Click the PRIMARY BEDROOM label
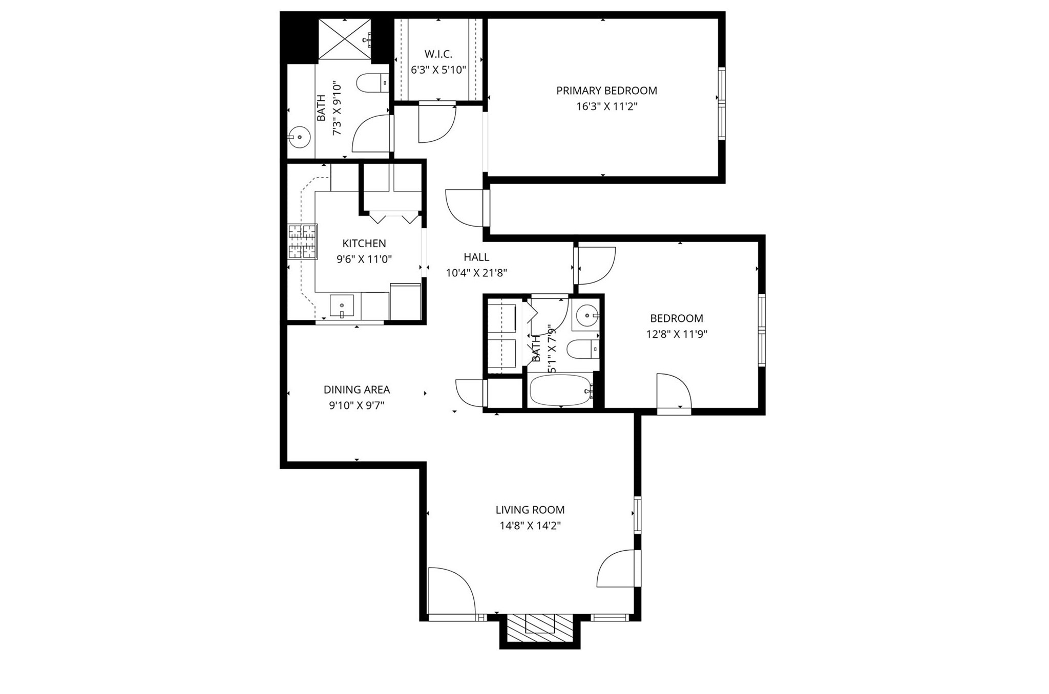(606, 91)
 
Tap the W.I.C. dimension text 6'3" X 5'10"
(438, 70)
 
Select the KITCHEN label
(364, 243)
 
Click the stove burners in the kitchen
(302, 242)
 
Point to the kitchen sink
(342, 306)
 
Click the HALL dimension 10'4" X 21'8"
(476, 273)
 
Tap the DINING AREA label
(356, 389)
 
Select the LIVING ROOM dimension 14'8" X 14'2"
(530, 526)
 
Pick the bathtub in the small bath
(560, 391)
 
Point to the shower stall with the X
(345, 40)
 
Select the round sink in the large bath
(299, 137)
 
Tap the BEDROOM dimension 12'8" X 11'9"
(676, 334)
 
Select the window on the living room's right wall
(638, 514)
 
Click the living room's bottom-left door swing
(450, 591)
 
